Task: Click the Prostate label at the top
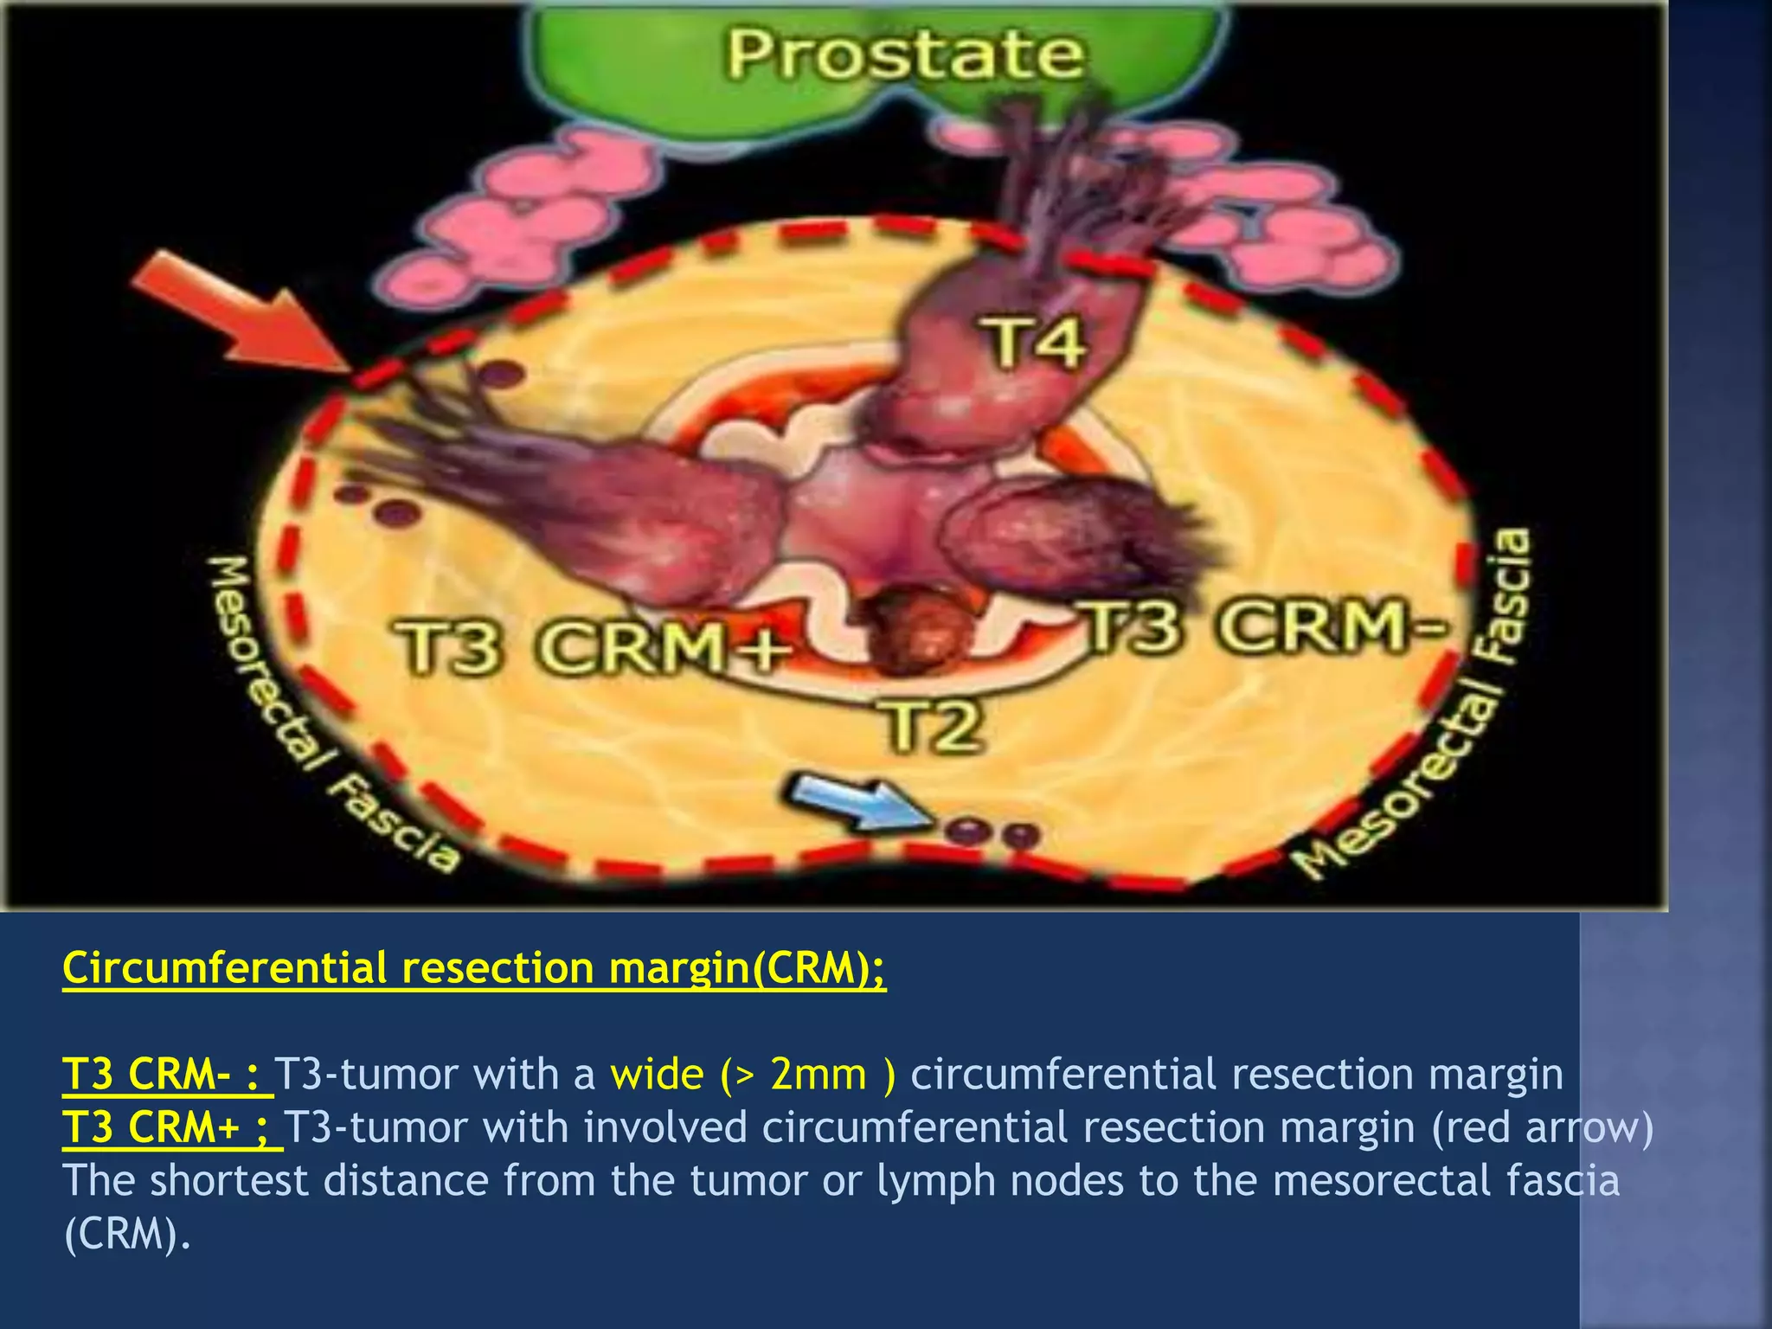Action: (x=904, y=54)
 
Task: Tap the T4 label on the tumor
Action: (x=1032, y=342)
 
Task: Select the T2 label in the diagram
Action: (x=933, y=727)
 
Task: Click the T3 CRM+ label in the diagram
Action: (x=593, y=647)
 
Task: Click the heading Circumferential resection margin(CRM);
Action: (x=474, y=968)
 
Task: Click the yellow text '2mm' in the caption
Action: (x=819, y=1075)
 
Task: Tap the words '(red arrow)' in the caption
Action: (x=1542, y=1127)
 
